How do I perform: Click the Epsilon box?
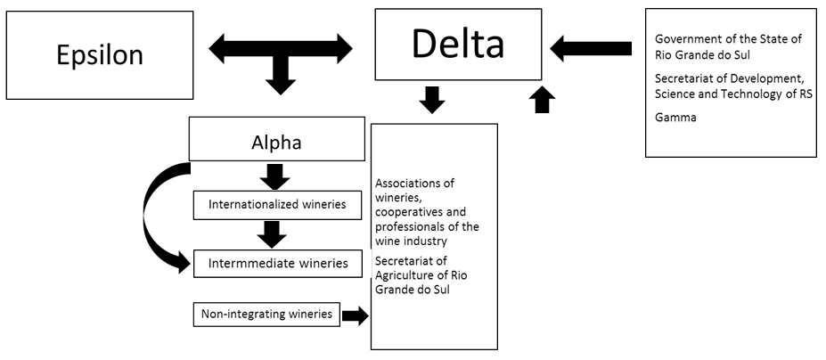99,54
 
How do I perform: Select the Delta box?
457,44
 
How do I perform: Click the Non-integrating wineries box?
266,314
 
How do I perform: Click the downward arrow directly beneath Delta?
432,99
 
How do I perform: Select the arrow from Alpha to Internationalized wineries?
274,176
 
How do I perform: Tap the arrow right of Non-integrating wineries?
355,315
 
